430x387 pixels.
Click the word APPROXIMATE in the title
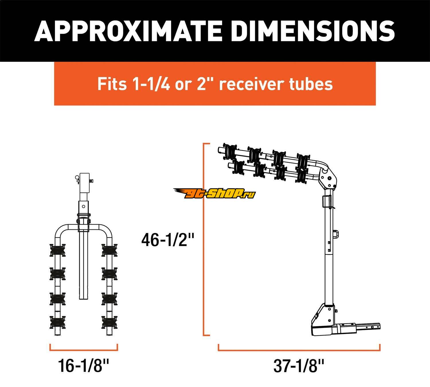point(128,31)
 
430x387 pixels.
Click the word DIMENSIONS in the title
point(313,31)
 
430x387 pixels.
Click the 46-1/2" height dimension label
point(168,240)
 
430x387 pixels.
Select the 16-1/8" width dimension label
point(84,366)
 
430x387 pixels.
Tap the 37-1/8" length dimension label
point(299,366)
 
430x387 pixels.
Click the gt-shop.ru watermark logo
point(214,193)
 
